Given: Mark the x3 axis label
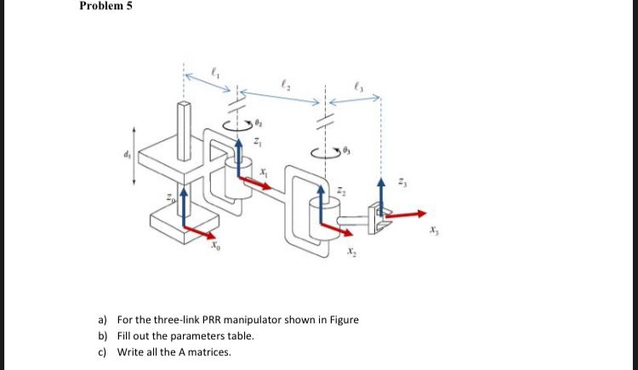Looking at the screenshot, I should click(x=435, y=230).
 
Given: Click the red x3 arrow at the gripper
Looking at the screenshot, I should click(x=405, y=215).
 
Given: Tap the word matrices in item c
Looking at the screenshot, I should click(x=208, y=352).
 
